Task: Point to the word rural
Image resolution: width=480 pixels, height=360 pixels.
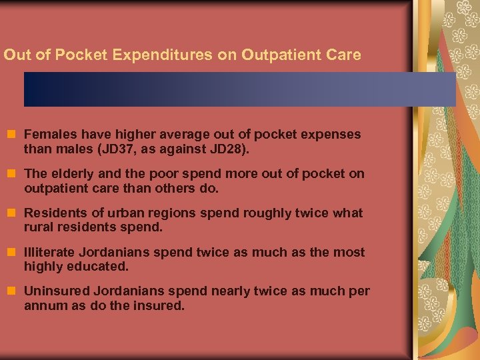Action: click(39, 228)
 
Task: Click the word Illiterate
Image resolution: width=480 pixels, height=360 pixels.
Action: click(51, 253)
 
